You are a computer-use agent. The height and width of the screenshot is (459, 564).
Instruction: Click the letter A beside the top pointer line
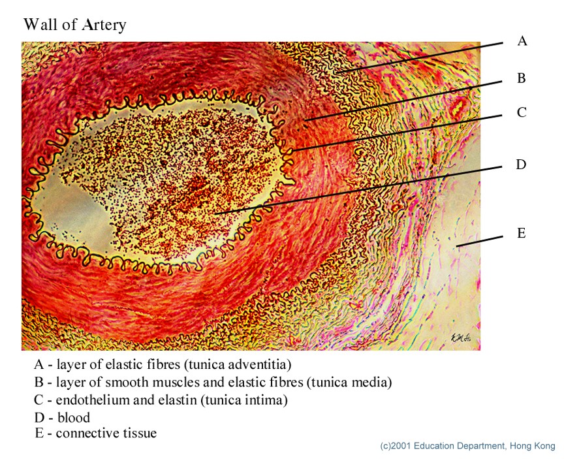[522, 41]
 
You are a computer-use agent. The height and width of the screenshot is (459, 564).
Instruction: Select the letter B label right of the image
[521, 78]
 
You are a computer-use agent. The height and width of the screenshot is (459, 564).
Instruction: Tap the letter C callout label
[521, 113]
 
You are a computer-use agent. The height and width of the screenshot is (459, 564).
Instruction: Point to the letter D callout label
[521, 165]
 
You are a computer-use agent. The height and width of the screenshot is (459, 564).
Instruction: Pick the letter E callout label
[521, 233]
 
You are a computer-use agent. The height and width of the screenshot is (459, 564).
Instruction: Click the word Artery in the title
[104, 25]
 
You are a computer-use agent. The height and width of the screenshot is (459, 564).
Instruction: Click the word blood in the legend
[73, 417]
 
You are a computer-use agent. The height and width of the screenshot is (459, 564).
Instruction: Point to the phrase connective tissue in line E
[106, 433]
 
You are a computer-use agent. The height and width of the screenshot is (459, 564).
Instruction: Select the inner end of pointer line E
[459, 245]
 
